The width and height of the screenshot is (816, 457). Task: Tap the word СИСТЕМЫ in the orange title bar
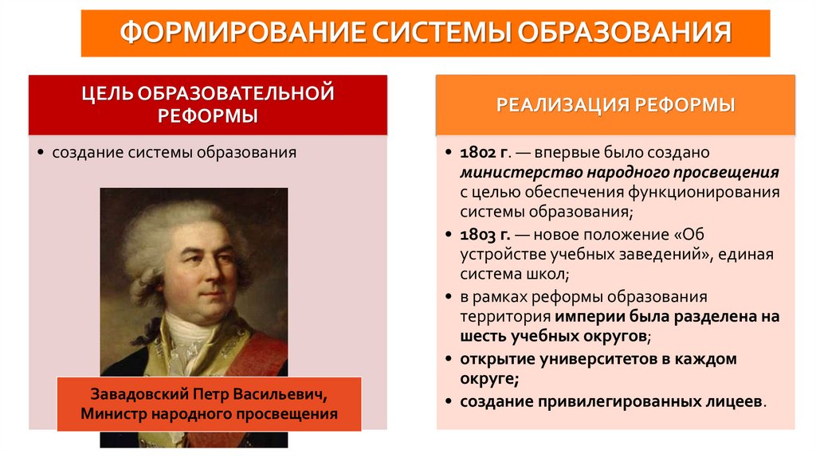[x=439, y=33]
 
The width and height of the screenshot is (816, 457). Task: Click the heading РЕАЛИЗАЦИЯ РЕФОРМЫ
[x=615, y=105]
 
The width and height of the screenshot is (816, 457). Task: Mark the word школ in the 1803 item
[x=547, y=275]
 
